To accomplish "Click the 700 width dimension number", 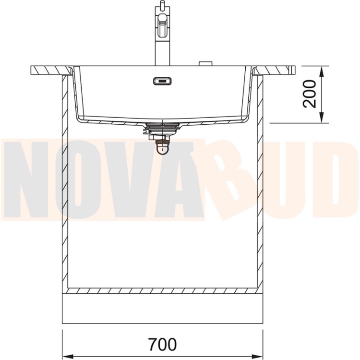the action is pos(162,344).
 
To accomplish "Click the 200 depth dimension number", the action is pos(309,94).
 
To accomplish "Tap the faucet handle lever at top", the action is pos(162,4).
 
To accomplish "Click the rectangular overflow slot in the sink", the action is pos(162,81).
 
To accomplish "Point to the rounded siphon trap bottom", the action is pos(162,149).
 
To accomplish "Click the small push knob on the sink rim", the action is pos(206,63).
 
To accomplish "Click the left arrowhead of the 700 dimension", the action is pos(68,356).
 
